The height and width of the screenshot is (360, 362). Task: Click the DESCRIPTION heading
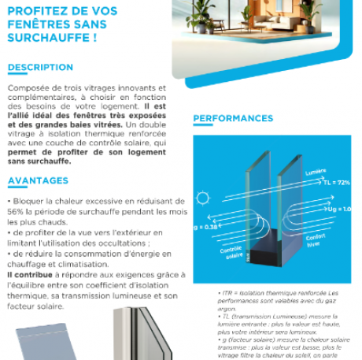point(40,68)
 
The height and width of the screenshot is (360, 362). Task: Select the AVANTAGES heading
point(38,181)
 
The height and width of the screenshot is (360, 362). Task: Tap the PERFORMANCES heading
point(233,119)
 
